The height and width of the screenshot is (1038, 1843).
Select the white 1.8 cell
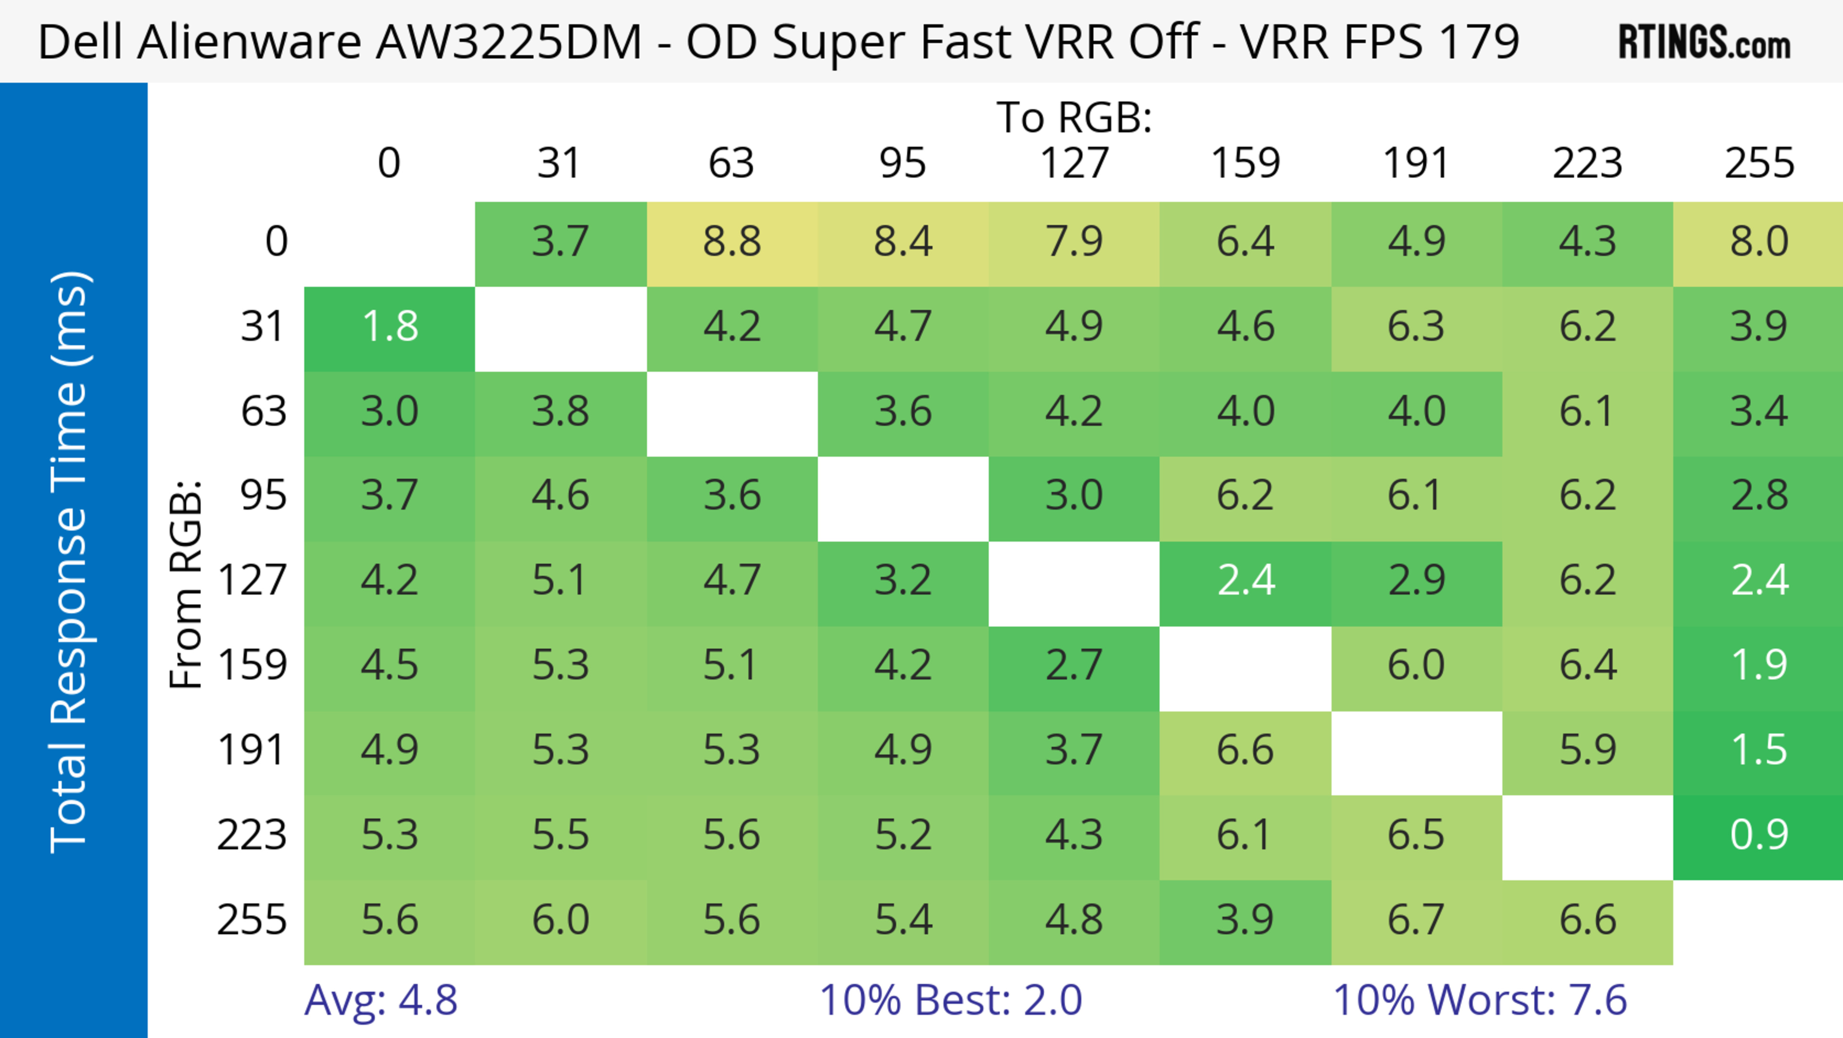point(390,327)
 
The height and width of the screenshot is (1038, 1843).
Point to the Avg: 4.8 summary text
point(381,1000)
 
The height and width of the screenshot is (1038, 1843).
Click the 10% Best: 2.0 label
point(950,1000)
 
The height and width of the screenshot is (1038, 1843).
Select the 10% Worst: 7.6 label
point(1480,1000)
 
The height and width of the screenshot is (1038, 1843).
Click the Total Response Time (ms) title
point(70,562)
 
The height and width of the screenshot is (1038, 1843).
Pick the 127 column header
point(1074,163)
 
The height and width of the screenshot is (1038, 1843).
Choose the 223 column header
point(1587,163)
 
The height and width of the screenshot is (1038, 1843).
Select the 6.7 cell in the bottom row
point(1416,920)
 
